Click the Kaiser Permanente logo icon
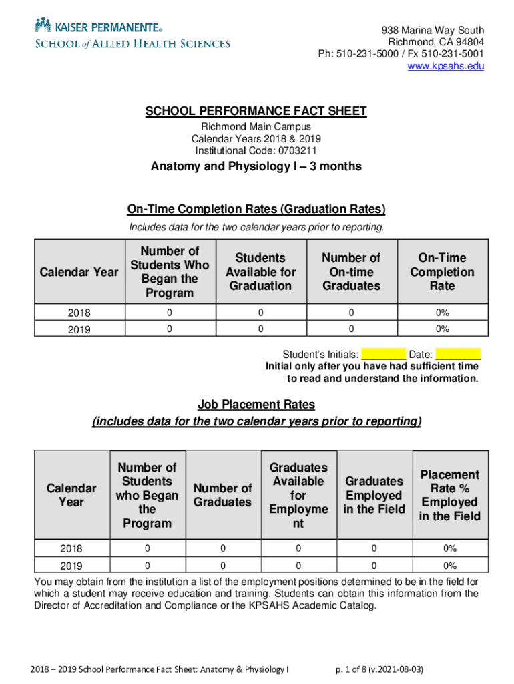coord(43,25)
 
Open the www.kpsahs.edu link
coord(445,66)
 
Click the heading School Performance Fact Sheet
coord(256,111)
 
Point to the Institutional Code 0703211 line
coord(256,150)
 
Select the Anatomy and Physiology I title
coord(256,166)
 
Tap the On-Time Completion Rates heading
coord(256,209)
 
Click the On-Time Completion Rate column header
coord(442,272)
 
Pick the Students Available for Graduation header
coord(260,272)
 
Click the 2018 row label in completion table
coord(79,313)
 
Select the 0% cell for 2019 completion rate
coord(442,329)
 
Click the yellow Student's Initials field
coord(383,354)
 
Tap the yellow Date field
coord(461,354)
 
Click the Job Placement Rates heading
coord(256,405)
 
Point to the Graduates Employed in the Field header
coord(374,495)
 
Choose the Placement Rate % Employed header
coord(449,495)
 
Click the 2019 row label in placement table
coord(71,566)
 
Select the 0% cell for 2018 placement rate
coord(449,548)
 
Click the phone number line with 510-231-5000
coord(401,54)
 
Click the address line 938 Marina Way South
coord(433,31)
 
